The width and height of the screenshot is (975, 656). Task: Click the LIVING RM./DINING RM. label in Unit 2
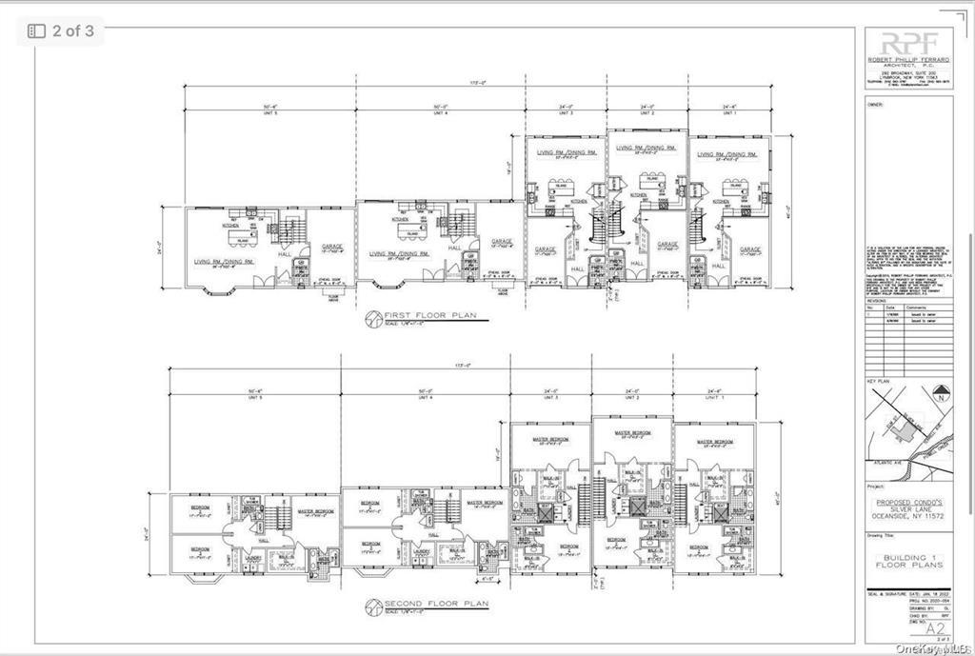coord(645,148)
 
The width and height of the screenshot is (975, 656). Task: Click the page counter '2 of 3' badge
coord(61,30)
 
